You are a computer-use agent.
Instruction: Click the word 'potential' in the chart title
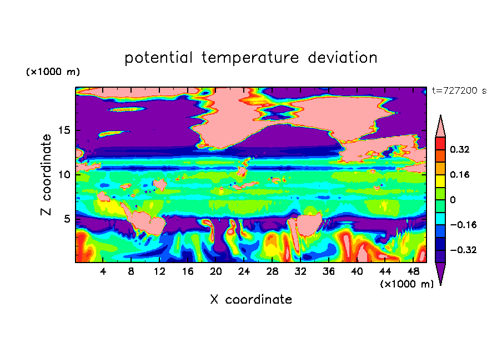click(158, 58)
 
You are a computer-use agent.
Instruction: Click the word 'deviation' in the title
click(342, 57)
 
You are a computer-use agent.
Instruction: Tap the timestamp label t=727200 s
click(459, 90)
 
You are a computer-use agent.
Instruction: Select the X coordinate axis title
click(251, 299)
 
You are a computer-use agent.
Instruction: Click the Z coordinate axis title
click(46, 174)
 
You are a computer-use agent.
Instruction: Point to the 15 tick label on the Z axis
click(64, 130)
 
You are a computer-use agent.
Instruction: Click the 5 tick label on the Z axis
click(67, 219)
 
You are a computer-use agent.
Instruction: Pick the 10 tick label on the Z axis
click(64, 174)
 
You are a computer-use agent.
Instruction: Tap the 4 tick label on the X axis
click(103, 271)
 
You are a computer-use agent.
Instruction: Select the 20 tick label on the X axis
click(216, 271)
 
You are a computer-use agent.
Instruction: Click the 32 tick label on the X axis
click(300, 271)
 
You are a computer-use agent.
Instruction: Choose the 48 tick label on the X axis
click(413, 271)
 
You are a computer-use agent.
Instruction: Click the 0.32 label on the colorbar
click(460, 149)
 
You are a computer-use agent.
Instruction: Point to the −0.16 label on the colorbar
click(463, 225)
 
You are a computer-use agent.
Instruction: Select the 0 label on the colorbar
click(453, 200)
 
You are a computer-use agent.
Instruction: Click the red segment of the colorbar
click(440, 143)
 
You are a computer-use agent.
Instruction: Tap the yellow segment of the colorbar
click(440, 181)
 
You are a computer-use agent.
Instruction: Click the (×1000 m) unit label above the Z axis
click(53, 72)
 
